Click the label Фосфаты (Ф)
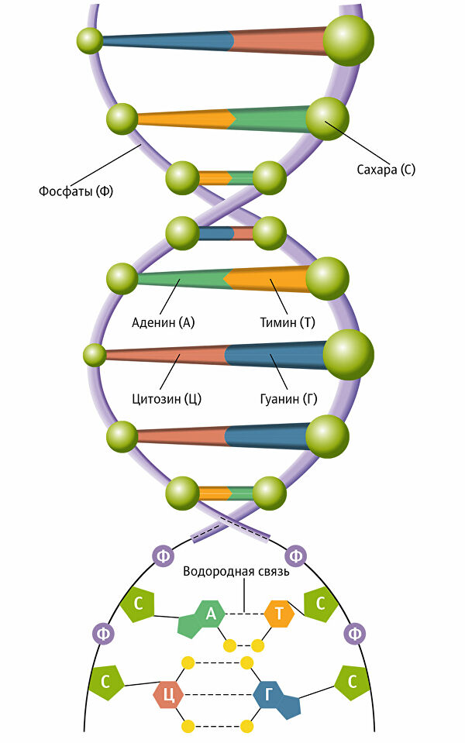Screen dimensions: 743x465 [75, 191]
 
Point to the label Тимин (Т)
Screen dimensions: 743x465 [287, 322]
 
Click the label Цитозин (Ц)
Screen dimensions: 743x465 [167, 400]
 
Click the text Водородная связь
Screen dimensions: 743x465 [236, 573]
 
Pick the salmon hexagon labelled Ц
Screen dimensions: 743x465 [168, 694]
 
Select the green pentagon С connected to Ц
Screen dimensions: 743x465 [106, 683]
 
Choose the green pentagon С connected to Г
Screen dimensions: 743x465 [352, 683]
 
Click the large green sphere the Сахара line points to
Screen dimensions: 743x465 [327, 119]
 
